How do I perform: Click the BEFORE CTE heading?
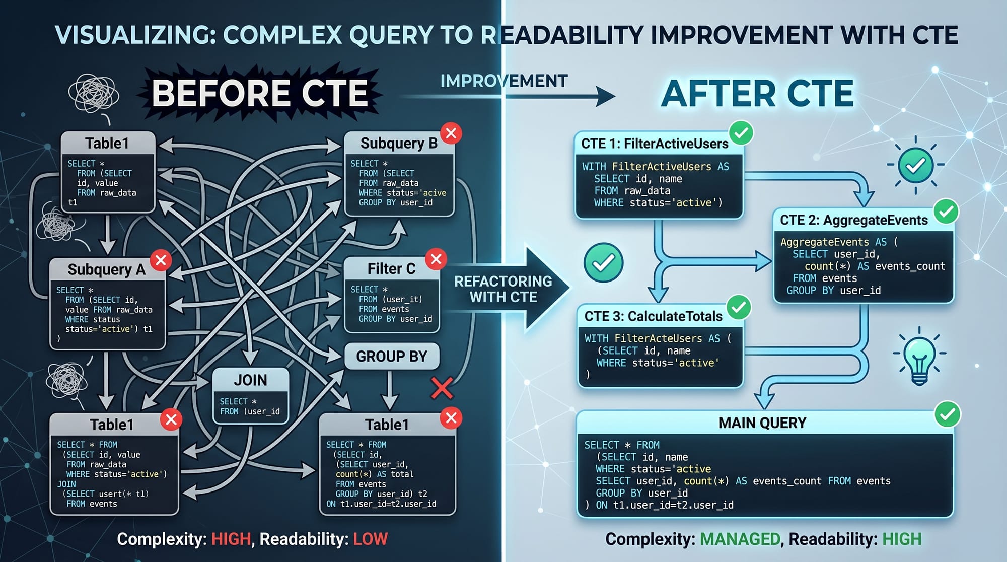pyautogui.click(x=260, y=94)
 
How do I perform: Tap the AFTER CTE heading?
pyautogui.click(x=757, y=94)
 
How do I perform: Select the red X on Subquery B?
pyautogui.click(x=451, y=133)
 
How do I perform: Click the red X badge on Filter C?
pyautogui.click(x=436, y=259)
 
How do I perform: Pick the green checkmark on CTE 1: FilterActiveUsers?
pyautogui.click(x=741, y=133)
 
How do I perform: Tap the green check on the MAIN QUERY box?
pyautogui.click(x=948, y=414)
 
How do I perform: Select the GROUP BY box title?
pyautogui.click(x=391, y=357)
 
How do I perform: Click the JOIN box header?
pyautogui.click(x=250, y=380)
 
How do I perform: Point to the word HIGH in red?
pyautogui.click(x=231, y=539)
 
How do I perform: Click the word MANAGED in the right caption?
pyautogui.click(x=740, y=539)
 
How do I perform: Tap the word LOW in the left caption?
pyautogui.click(x=371, y=539)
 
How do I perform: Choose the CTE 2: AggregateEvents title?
pyautogui.click(x=854, y=220)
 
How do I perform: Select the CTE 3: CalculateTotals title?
pyautogui.click(x=654, y=316)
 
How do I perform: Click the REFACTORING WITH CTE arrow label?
pyautogui.click(x=503, y=289)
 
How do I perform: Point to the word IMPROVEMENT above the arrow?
pyautogui.click(x=504, y=81)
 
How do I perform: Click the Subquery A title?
pyautogui.click(x=107, y=270)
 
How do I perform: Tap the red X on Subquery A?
pyautogui.click(x=161, y=260)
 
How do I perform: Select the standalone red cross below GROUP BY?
pyautogui.click(x=442, y=388)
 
